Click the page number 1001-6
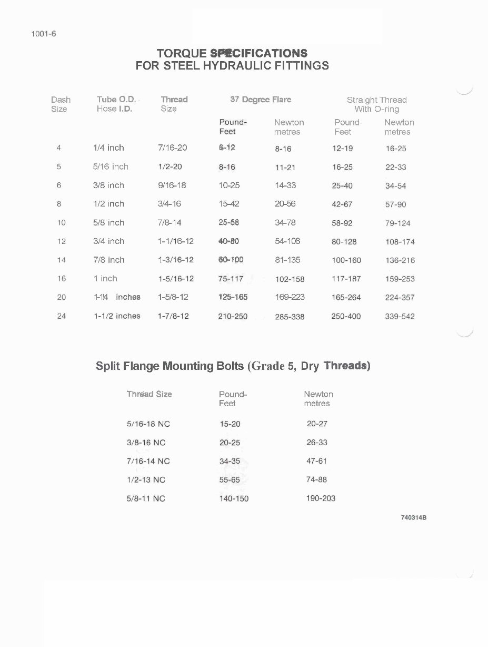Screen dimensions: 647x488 pyautogui.click(x=44, y=34)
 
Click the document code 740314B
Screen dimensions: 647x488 pyautogui.click(x=413, y=518)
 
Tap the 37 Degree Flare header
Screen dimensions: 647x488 pyautogui.click(x=261, y=100)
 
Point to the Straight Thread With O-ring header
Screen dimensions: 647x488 pyautogui.click(x=376, y=104)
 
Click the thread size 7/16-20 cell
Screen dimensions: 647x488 pyautogui.click(x=172, y=148)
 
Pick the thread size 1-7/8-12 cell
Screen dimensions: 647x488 pyautogui.click(x=173, y=316)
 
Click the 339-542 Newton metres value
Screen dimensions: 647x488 pyautogui.click(x=400, y=317)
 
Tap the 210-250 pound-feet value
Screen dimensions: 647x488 pyautogui.click(x=233, y=317)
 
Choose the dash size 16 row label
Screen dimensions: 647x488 pyautogui.click(x=62, y=279)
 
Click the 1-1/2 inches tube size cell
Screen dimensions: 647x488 pyautogui.click(x=117, y=316)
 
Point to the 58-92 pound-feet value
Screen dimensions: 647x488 pyautogui.click(x=342, y=223)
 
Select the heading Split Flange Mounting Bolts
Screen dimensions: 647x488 pyautogui.click(x=170, y=366)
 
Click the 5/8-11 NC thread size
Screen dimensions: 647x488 pyautogui.click(x=146, y=498)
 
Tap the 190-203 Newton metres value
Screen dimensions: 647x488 pyautogui.click(x=321, y=498)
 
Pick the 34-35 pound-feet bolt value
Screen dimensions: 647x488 pyautogui.click(x=230, y=461)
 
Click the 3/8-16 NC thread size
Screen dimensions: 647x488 pyautogui.click(x=146, y=443)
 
